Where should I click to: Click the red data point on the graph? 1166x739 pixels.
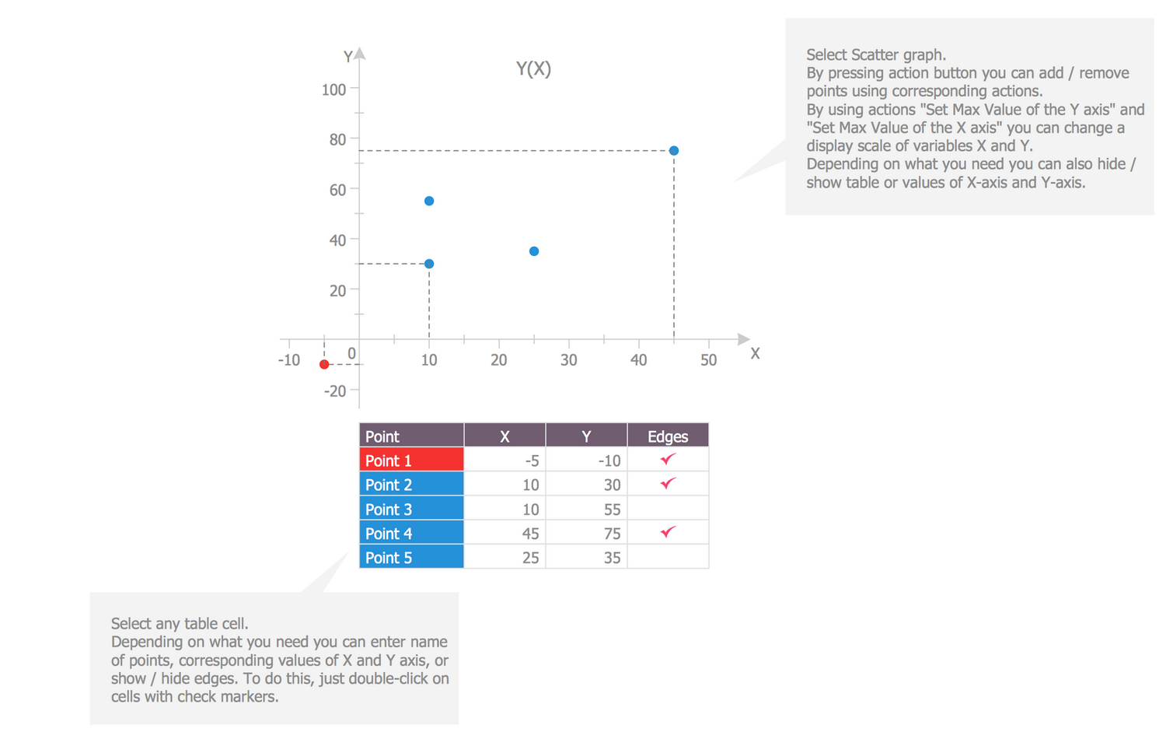point(324,364)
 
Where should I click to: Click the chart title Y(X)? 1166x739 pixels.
point(533,69)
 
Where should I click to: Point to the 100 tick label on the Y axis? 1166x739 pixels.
point(333,89)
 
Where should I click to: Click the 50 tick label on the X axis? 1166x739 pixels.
point(708,360)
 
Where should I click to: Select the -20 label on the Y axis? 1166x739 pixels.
point(335,391)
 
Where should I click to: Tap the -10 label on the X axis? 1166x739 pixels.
point(289,360)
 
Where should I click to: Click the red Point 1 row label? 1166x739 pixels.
point(411,461)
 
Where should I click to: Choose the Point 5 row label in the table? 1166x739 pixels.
point(411,558)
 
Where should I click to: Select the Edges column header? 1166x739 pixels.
point(668,436)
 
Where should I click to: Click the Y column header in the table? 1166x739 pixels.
point(586,436)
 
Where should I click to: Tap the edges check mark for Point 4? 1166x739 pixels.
point(668,532)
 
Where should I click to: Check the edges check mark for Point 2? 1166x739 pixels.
point(668,484)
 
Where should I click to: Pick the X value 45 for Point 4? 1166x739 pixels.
point(530,534)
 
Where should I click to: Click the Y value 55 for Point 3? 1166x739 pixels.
point(612,510)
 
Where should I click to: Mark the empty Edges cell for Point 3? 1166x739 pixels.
point(668,509)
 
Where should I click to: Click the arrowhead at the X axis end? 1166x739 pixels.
point(744,339)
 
